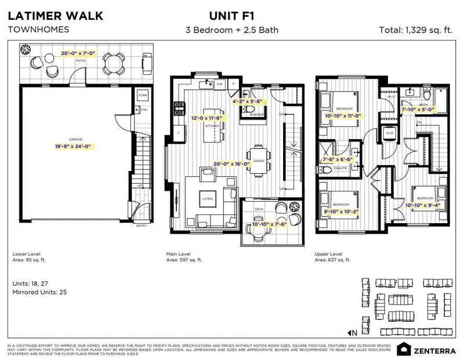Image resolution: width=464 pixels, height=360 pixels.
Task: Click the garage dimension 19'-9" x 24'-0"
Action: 72,147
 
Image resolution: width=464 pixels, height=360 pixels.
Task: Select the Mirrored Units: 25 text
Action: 39,292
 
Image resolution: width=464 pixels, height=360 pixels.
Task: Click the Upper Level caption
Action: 329,253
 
